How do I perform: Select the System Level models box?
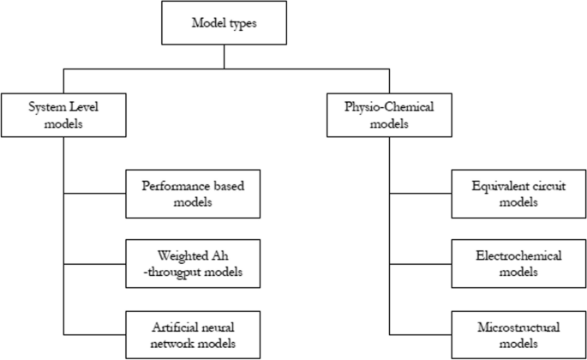63,114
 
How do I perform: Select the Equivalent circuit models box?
517,194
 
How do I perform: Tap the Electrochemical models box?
517,263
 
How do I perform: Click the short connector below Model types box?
225,57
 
